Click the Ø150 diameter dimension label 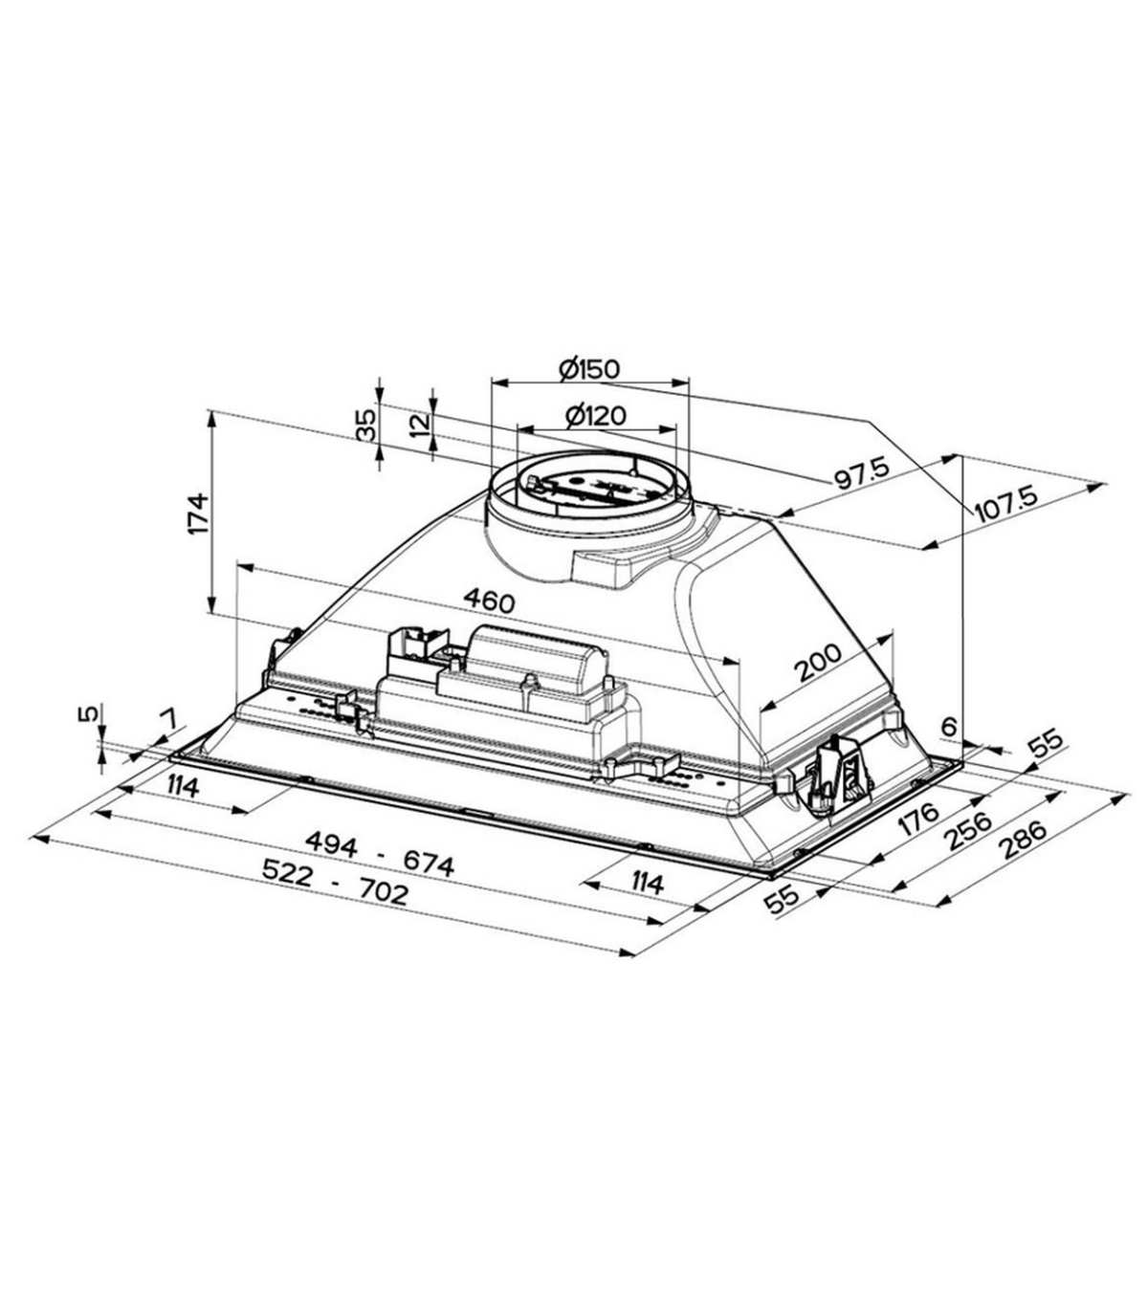589,369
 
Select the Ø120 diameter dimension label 596,416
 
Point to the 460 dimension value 490,601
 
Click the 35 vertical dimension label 366,425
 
